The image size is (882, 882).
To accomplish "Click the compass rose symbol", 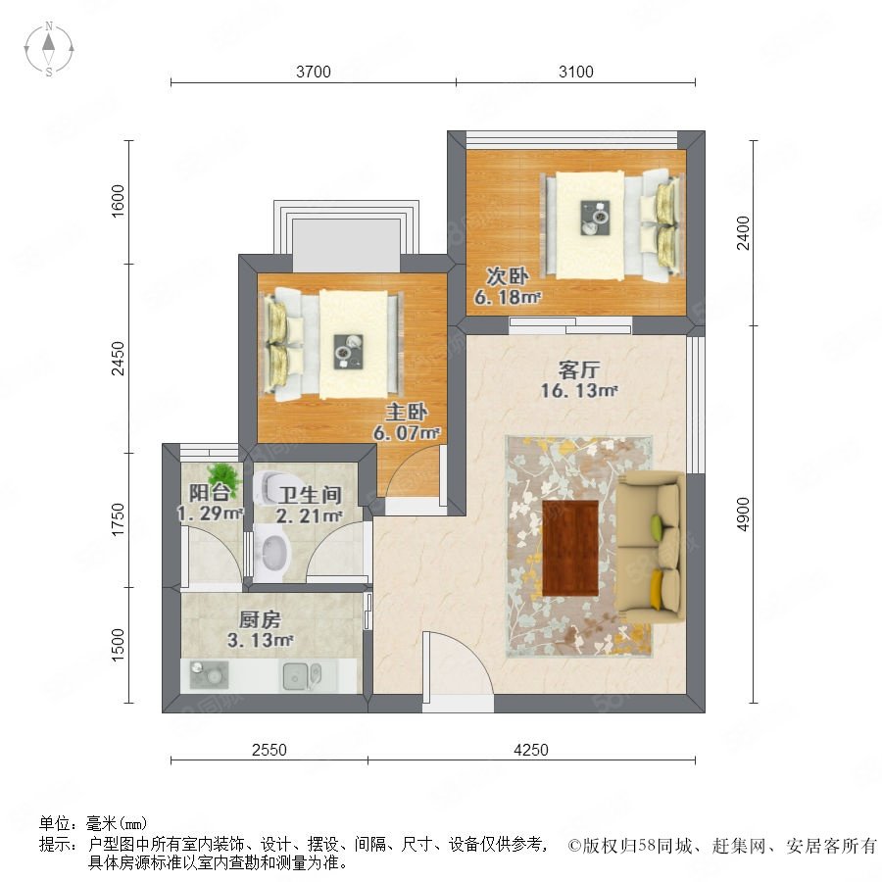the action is coord(49,49).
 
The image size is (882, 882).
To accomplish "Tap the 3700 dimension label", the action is coord(314,72).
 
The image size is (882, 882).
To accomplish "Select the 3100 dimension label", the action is coord(576,72).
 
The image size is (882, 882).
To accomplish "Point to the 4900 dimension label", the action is coord(744,514).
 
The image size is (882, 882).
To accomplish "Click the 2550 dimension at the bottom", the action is coord(269,750).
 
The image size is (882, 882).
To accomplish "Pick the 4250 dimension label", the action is coord(531,750).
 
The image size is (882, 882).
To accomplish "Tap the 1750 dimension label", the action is coord(117,519).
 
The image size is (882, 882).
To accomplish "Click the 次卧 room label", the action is coord(508,276).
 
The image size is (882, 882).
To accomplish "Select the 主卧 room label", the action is coord(406,413).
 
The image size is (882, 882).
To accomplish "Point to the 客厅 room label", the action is coord(579,370).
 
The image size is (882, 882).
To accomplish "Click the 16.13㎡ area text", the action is coord(579,390).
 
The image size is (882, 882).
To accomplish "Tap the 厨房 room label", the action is coord(260,620).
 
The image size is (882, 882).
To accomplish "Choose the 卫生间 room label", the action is coord(311,495).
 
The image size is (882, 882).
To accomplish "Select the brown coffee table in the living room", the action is coord(570,547).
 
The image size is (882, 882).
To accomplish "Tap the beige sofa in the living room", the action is coord(652,547).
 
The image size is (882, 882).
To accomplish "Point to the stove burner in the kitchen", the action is coord(209,674).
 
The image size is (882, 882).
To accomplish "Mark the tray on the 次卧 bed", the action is coord(595,218).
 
